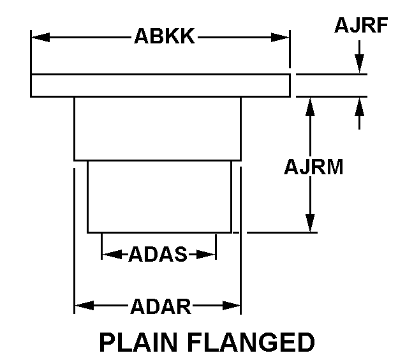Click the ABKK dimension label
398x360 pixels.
pyautogui.click(x=164, y=36)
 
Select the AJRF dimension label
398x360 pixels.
pyautogui.click(x=360, y=26)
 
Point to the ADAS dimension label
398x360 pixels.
pyautogui.click(x=158, y=255)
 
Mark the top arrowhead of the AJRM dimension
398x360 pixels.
pyautogui.click(x=311, y=106)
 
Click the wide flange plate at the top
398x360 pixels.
pyautogui.click(x=160, y=86)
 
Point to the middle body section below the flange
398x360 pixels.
pyautogui.click(x=158, y=128)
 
